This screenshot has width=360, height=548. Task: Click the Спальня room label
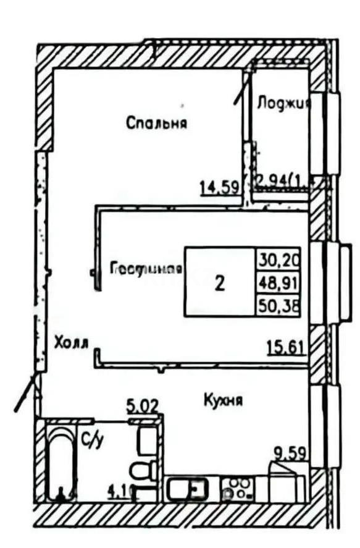click(157, 123)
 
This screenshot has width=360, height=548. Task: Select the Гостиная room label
click(147, 269)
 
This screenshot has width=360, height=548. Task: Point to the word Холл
click(72, 342)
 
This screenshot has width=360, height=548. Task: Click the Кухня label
click(223, 400)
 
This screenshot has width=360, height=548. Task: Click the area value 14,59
click(219, 185)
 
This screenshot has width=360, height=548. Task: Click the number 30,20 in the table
click(277, 258)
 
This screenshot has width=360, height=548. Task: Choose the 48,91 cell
click(277, 282)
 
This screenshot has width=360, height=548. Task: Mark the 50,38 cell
click(277, 305)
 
